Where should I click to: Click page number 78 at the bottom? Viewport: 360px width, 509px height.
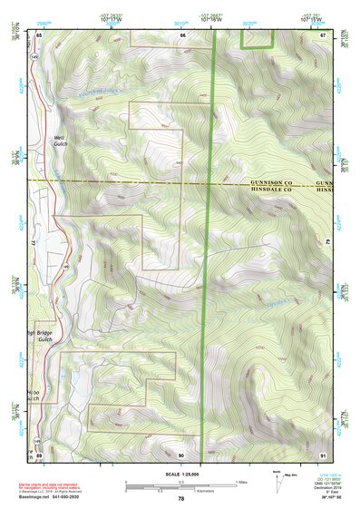181,499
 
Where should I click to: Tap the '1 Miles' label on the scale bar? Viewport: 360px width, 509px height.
240,482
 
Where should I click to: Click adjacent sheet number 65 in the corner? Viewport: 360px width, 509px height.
39,34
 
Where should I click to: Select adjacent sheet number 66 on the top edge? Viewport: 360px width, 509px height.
182,34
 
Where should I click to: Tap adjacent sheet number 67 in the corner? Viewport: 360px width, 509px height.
323,34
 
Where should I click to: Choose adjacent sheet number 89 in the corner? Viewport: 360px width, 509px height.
39,454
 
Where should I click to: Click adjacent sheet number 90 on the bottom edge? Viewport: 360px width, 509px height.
181,454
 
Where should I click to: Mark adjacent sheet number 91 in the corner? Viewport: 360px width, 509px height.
323,454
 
